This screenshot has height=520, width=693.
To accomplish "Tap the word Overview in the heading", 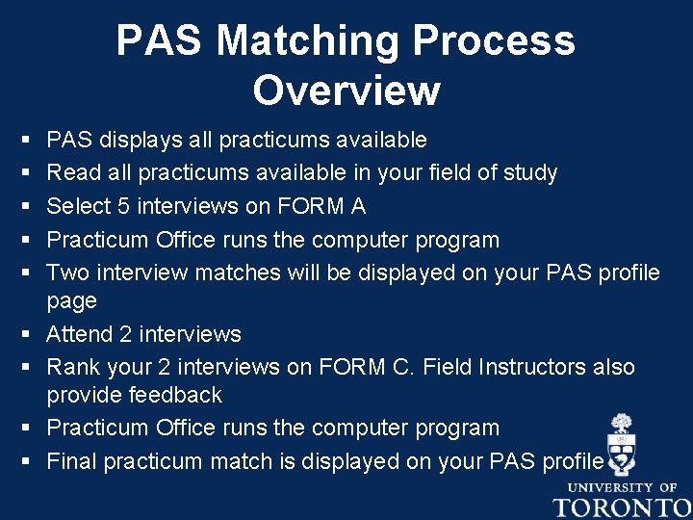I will [x=346, y=91].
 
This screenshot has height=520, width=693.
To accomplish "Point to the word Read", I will [x=68, y=173].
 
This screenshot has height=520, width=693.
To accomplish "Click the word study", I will [x=528, y=173].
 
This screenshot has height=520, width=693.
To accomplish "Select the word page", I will [x=71, y=301].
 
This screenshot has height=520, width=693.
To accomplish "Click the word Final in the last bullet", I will [x=71, y=461].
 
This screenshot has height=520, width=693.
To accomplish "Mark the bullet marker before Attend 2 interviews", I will [x=24, y=335].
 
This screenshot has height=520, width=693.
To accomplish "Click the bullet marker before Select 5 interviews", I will [x=24, y=207].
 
